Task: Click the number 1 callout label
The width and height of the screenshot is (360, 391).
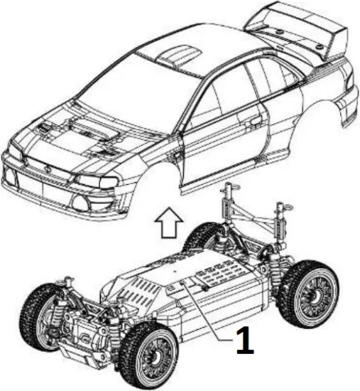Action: point(244,343)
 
